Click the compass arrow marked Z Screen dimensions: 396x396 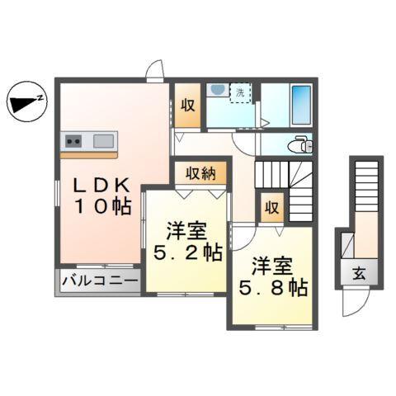pyautogui.click(x=26, y=102)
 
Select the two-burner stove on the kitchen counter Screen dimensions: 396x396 pyautogui.click(x=71, y=140)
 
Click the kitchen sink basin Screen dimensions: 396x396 pyautogui.click(x=103, y=140)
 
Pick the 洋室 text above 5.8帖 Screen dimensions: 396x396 pyautogui.click(x=271, y=265)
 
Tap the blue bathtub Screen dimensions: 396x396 pyautogui.click(x=299, y=105)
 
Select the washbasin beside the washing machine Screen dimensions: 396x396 pyautogui.click(x=216, y=90)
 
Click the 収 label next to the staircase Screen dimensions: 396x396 pyautogui.click(x=271, y=208)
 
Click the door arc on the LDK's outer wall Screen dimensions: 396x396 pyautogui.click(x=154, y=73)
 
